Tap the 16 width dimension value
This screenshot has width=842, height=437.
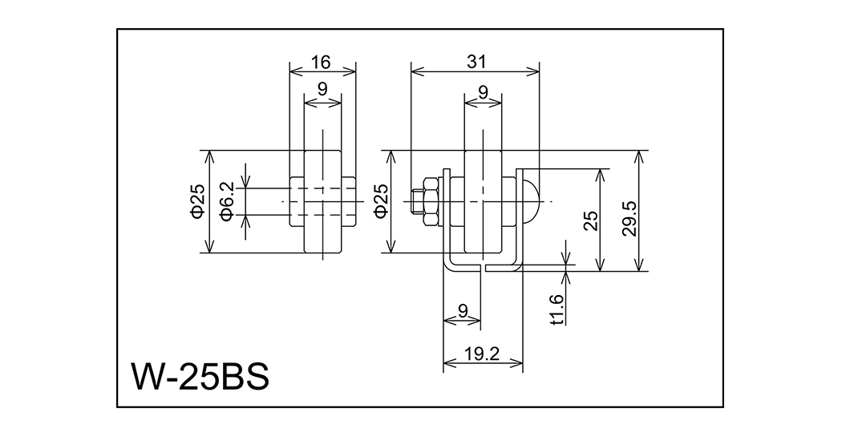click(x=322, y=62)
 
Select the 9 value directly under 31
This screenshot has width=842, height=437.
click(x=484, y=93)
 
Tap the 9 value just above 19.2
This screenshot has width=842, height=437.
click(x=462, y=310)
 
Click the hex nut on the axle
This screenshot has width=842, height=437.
click(x=430, y=200)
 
